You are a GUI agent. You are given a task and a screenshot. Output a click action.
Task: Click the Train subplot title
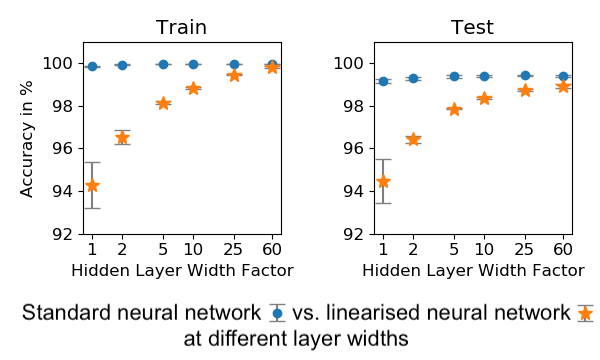click(x=181, y=28)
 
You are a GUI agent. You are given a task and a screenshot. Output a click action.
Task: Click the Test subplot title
click(x=472, y=28)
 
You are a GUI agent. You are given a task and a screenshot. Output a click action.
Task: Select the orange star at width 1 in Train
click(x=92, y=185)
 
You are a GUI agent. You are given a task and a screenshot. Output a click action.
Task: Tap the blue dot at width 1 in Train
click(x=92, y=67)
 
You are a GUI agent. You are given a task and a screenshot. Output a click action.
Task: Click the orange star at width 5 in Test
click(x=454, y=109)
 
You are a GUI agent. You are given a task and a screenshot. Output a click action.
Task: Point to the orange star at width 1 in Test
click(x=383, y=181)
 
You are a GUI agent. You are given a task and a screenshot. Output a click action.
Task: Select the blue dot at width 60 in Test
click(x=563, y=76)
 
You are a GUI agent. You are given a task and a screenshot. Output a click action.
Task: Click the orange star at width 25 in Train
click(x=234, y=75)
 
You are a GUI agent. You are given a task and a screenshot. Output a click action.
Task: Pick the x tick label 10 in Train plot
click(x=193, y=249)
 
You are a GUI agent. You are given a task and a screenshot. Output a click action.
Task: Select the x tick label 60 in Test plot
click(x=563, y=249)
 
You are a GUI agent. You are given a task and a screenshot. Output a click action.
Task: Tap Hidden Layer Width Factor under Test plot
click(x=473, y=270)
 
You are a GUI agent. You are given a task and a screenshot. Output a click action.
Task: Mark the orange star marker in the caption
click(x=585, y=314)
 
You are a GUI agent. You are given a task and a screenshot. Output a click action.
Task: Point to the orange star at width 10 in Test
click(x=484, y=98)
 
